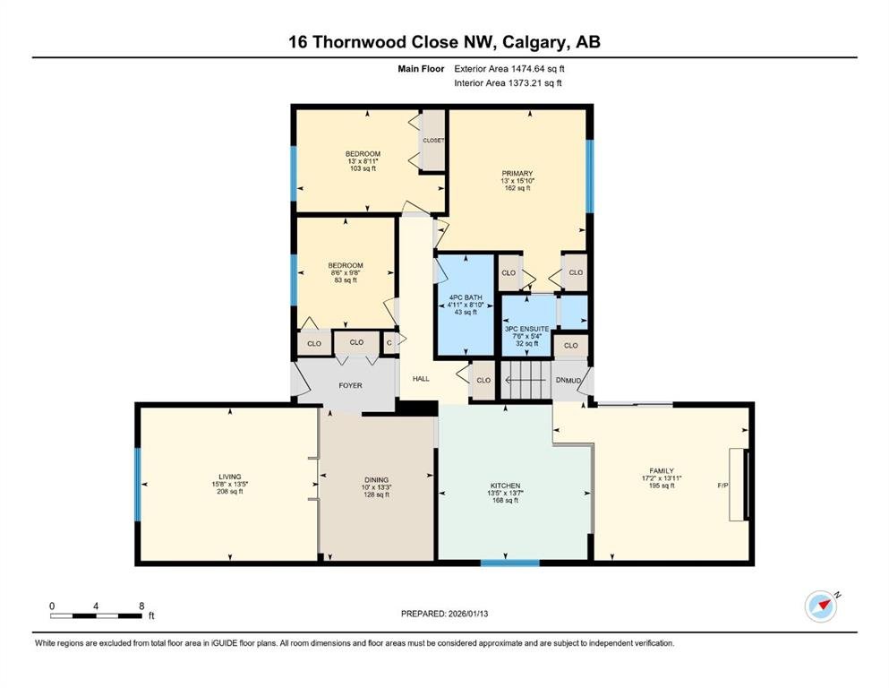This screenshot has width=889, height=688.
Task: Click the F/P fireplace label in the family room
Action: [722, 486]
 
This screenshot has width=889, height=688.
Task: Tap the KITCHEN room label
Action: [505, 486]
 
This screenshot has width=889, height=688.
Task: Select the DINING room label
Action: [377, 480]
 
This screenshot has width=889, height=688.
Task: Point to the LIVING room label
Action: [229, 477]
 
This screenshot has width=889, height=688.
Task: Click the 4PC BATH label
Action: [466, 297]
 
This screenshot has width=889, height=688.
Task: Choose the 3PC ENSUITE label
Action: [526, 329]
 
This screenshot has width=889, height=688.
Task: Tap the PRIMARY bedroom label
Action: [517, 174]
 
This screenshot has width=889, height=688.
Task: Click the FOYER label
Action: [350, 385]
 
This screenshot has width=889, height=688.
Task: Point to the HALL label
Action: [421, 378]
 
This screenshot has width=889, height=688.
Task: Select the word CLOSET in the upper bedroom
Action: [433, 140]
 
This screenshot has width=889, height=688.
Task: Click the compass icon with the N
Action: [821, 606]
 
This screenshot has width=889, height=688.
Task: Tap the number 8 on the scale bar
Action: [141, 606]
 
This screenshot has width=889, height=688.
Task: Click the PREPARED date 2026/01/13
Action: [467, 614]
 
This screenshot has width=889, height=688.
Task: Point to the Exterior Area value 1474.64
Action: [529, 69]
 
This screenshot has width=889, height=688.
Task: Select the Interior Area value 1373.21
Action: [526, 82]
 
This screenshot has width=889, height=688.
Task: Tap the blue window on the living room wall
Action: [137, 485]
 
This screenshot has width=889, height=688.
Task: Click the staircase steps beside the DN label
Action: [526, 380]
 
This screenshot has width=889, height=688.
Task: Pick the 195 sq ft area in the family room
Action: [662, 486]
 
